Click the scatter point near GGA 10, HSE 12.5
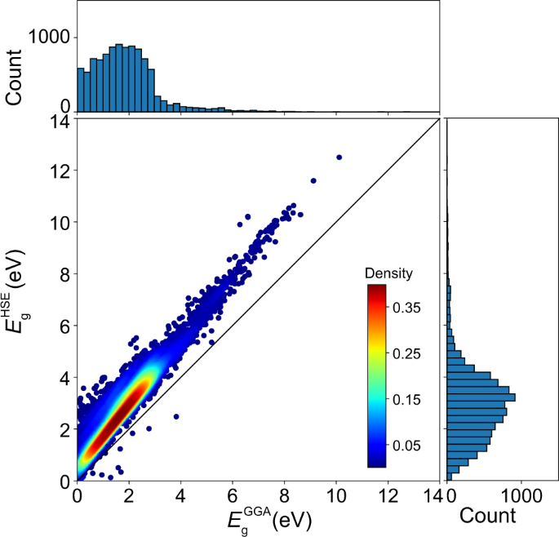click(339, 157)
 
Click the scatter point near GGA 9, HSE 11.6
click(313, 180)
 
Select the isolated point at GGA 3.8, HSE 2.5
click(176, 416)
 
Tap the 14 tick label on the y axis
click(56, 121)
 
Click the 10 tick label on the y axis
click(56, 223)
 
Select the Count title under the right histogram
click(487, 516)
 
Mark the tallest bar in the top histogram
click(119, 78)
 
